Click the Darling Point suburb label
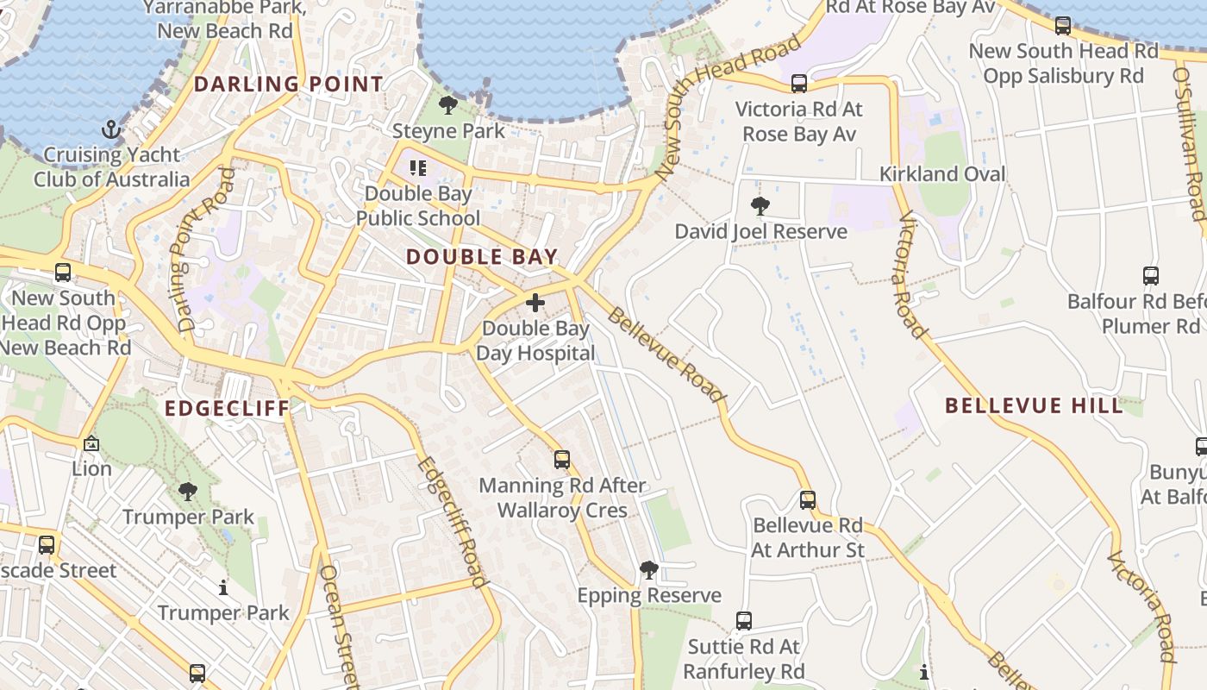click(288, 85)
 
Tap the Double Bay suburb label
click(482, 257)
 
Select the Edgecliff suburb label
click(227, 408)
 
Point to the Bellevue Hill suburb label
click(1034, 405)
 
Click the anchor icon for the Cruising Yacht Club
click(110, 130)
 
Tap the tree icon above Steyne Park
click(447, 106)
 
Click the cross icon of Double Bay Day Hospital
click(535, 303)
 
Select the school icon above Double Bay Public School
click(418, 167)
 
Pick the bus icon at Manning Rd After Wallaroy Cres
click(562, 460)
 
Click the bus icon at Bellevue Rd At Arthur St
click(808, 499)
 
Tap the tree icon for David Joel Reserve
click(760, 206)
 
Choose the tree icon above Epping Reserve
click(649, 569)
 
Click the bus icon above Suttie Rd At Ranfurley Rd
click(744, 620)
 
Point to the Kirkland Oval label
click(942, 174)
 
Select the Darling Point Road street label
click(199, 250)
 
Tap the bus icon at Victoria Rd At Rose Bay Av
click(799, 84)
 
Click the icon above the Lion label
click(91, 443)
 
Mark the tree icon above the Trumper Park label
click(188, 492)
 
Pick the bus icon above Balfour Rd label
click(1151, 276)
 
